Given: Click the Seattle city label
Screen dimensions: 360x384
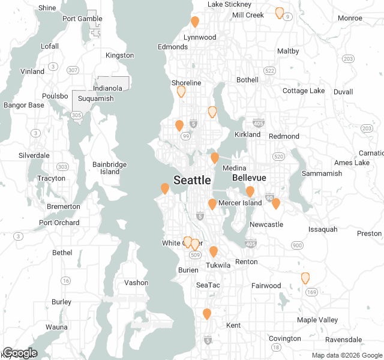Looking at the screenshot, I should [x=192, y=180].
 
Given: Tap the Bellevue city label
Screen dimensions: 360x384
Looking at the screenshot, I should [x=248, y=179].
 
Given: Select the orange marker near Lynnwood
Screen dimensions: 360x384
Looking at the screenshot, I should [x=195, y=22].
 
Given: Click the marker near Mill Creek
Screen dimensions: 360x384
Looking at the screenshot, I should [x=279, y=13].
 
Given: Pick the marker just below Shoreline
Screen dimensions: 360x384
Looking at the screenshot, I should [x=181, y=92].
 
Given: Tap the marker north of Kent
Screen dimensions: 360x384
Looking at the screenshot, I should [x=207, y=314].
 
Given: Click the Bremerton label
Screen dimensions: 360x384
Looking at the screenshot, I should [x=63, y=206].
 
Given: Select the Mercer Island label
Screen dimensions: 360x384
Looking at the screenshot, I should [x=240, y=203].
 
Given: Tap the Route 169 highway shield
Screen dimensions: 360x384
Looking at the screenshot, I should [x=310, y=292].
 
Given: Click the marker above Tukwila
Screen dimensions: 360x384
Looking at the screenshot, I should [x=214, y=251].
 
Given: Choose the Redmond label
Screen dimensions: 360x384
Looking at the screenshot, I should [x=284, y=136].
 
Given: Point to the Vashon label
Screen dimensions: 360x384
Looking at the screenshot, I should [x=136, y=283].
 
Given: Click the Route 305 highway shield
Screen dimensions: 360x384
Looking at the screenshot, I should [x=76, y=115].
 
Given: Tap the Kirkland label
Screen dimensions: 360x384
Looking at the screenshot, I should [x=247, y=134].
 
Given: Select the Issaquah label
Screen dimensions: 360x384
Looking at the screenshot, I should [x=323, y=229].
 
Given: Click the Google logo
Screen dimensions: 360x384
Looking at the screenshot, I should [x=20, y=353].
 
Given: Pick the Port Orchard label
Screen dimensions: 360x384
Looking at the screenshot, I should [x=59, y=223].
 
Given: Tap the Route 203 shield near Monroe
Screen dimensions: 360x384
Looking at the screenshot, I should [x=348, y=58].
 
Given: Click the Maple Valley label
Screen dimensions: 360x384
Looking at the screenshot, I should [x=317, y=320].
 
